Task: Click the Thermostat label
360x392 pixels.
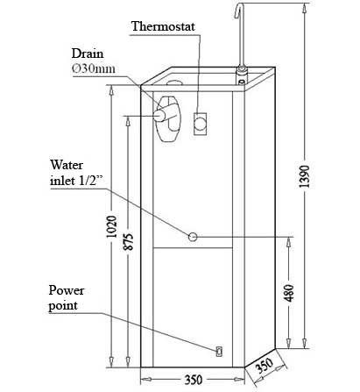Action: (x=163, y=26)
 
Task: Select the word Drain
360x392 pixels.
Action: (x=88, y=53)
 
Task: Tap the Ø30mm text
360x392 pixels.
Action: (x=94, y=68)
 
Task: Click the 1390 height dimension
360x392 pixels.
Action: (x=305, y=176)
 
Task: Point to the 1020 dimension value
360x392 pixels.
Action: (x=111, y=227)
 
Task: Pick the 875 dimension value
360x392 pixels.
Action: (x=128, y=241)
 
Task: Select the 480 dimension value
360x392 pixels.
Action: (x=289, y=293)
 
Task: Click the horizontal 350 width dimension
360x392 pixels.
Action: (x=194, y=380)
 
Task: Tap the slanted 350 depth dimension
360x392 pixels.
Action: (x=265, y=366)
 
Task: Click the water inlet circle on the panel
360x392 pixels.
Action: (x=193, y=237)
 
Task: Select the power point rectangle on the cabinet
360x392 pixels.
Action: (x=219, y=351)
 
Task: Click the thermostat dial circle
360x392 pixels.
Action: (x=201, y=123)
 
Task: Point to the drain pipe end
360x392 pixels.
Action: (x=159, y=115)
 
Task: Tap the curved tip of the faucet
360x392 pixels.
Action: (x=239, y=8)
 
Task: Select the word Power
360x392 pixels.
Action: (x=67, y=290)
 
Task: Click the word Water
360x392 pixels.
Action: (x=67, y=165)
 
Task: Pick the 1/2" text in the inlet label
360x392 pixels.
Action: (x=92, y=180)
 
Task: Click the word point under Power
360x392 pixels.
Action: (x=63, y=306)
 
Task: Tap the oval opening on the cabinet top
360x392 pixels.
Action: (x=174, y=82)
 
